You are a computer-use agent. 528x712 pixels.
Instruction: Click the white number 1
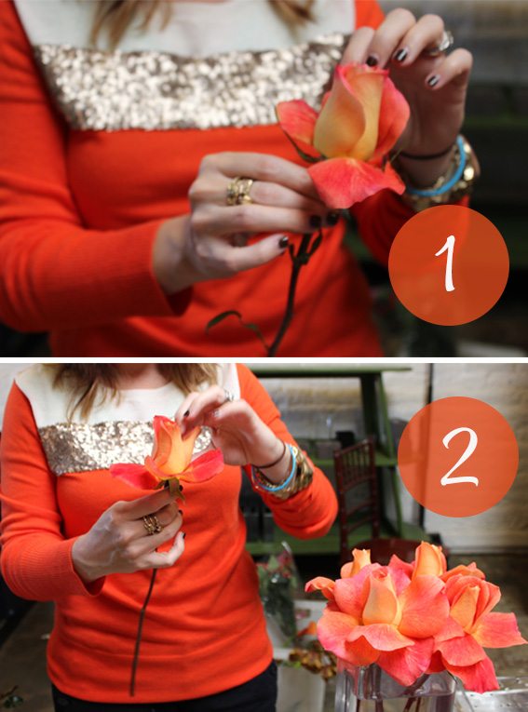(x=448, y=263)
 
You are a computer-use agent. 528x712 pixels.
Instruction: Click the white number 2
(x=459, y=457)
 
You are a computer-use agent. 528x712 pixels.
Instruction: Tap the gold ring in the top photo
(x=239, y=191)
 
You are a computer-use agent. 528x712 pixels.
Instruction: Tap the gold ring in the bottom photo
(x=152, y=524)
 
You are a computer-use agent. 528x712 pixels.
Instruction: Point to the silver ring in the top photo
(x=443, y=42)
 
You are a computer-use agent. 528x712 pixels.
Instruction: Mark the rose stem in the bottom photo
(x=142, y=631)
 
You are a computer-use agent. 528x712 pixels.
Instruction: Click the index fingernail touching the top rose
(x=372, y=60)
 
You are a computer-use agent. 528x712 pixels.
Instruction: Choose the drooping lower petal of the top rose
(x=355, y=181)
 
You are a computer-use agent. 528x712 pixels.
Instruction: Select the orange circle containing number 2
(x=458, y=457)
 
